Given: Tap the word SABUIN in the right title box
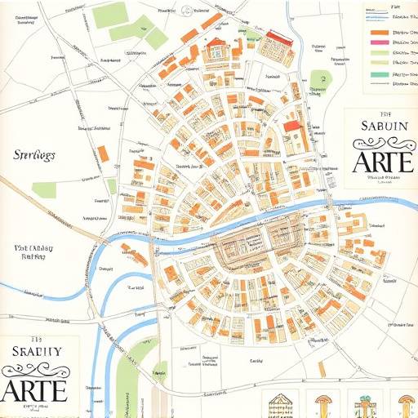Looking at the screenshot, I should point(382,127).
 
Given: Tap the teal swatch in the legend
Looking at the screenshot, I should point(380,74).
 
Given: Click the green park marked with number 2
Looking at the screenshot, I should point(319,80).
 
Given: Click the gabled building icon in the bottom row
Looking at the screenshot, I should point(281,404).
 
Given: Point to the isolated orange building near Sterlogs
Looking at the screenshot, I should point(104,153).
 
